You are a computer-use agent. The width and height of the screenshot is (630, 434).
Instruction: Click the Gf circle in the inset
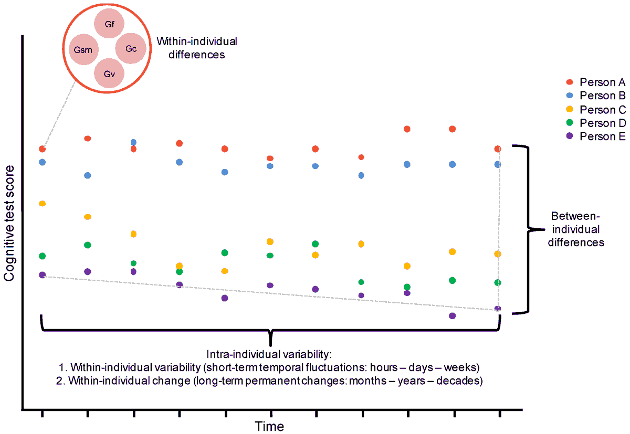point(109,25)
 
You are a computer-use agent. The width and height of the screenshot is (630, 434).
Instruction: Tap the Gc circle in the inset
point(131,49)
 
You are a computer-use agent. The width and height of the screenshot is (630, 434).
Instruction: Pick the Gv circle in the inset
point(109,73)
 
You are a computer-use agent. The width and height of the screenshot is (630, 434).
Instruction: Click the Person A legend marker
point(569,82)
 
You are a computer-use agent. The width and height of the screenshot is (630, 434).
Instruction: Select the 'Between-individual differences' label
point(577,229)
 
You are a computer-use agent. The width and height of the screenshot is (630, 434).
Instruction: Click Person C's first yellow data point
point(42,204)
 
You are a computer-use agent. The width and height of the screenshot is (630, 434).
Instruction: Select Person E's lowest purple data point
point(452,316)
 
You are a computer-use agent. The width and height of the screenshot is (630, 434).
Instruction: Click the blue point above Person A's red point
point(133,142)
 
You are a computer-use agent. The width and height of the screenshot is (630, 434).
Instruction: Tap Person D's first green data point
point(42,256)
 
